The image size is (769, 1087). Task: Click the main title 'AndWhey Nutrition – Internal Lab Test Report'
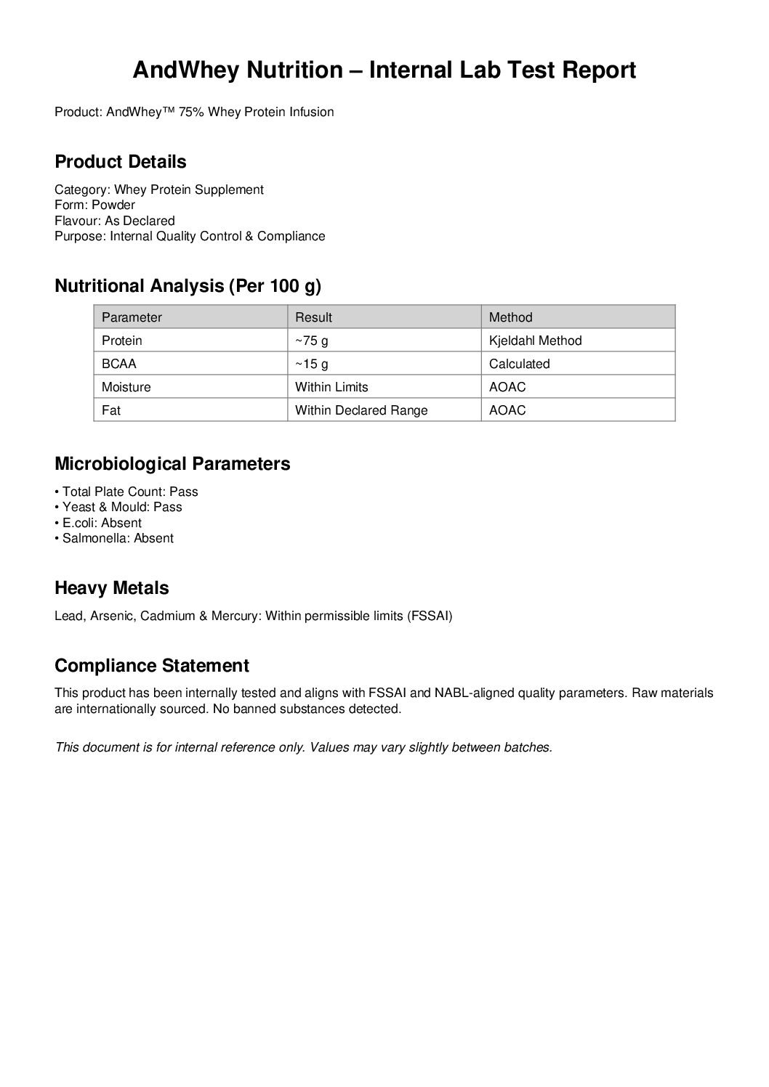click(x=384, y=70)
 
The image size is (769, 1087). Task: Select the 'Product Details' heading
click(x=121, y=161)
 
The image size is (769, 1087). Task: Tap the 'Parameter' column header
click(x=132, y=317)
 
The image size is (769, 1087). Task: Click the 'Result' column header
click(x=313, y=317)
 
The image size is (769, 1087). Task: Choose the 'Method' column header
click(x=510, y=317)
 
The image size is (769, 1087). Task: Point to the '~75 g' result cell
click(x=312, y=341)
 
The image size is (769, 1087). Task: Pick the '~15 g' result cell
click(x=312, y=364)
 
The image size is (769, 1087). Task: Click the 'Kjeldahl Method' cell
click(x=535, y=341)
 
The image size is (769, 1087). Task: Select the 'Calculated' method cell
click(x=519, y=364)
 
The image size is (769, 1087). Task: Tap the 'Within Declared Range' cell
click(x=361, y=410)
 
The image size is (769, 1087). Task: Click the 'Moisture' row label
click(x=126, y=387)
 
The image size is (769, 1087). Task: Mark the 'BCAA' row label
click(x=119, y=364)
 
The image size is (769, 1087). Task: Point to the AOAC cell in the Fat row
click(x=507, y=410)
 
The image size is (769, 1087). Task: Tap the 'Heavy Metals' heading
click(x=112, y=587)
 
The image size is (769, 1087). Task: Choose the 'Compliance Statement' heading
click(x=152, y=665)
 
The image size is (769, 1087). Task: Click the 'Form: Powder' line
click(x=95, y=205)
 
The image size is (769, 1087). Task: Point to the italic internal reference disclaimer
click(x=304, y=747)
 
